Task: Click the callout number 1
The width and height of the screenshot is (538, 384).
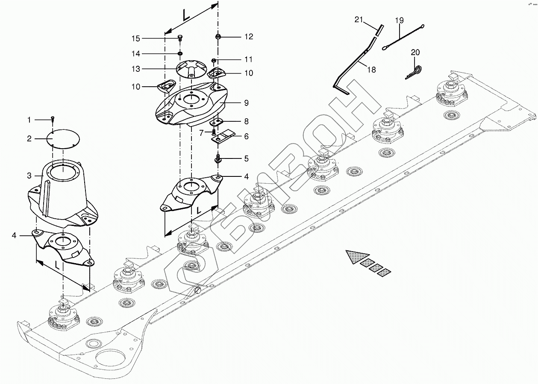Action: [29, 120]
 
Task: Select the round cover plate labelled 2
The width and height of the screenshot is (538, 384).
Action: [63, 138]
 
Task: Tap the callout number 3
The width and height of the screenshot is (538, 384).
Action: [29, 176]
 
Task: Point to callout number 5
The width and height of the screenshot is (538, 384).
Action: [246, 159]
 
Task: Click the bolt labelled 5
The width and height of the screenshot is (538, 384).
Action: [218, 159]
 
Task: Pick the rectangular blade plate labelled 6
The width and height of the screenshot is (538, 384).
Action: [224, 136]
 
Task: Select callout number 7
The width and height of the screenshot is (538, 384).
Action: [201, 133]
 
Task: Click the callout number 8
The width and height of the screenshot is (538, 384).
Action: [246, 121]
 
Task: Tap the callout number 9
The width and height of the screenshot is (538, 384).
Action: [246, 103]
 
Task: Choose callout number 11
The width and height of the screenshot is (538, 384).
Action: [248, 59]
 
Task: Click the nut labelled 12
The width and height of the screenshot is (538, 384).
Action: [218, 37]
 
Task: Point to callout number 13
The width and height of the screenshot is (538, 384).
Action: [136, 69]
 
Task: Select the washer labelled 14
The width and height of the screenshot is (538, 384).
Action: [180, 54]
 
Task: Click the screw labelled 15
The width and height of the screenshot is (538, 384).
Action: [180, 38]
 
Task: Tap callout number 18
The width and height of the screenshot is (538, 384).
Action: [371, 70]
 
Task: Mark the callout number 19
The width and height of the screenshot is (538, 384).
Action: [399, 20]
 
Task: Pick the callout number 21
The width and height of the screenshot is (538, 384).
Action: [359, 20]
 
